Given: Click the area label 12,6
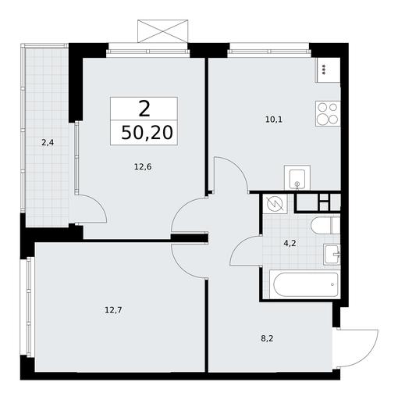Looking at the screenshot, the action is coord(143,166).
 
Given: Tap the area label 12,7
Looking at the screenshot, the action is coord(113,310).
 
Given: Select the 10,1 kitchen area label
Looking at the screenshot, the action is coord(274,120).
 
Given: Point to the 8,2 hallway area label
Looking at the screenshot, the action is coord(267,338).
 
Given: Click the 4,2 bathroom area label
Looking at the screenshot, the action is coord(290,244).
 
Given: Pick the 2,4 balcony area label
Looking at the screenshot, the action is coord(48,142).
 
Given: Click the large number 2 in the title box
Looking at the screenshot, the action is coord(144,109).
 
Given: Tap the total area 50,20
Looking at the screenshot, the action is coord(147,132).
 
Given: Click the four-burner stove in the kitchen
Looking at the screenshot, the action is coord(328,113).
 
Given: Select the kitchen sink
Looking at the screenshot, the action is coord(297,177).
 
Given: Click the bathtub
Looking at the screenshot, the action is coord(304,284).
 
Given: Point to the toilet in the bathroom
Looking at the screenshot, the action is coord(325,226).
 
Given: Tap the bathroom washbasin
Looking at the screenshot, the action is coord(332,255).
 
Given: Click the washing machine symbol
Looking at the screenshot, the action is coord(275,204).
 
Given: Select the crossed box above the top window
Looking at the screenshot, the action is coord(162,31).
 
